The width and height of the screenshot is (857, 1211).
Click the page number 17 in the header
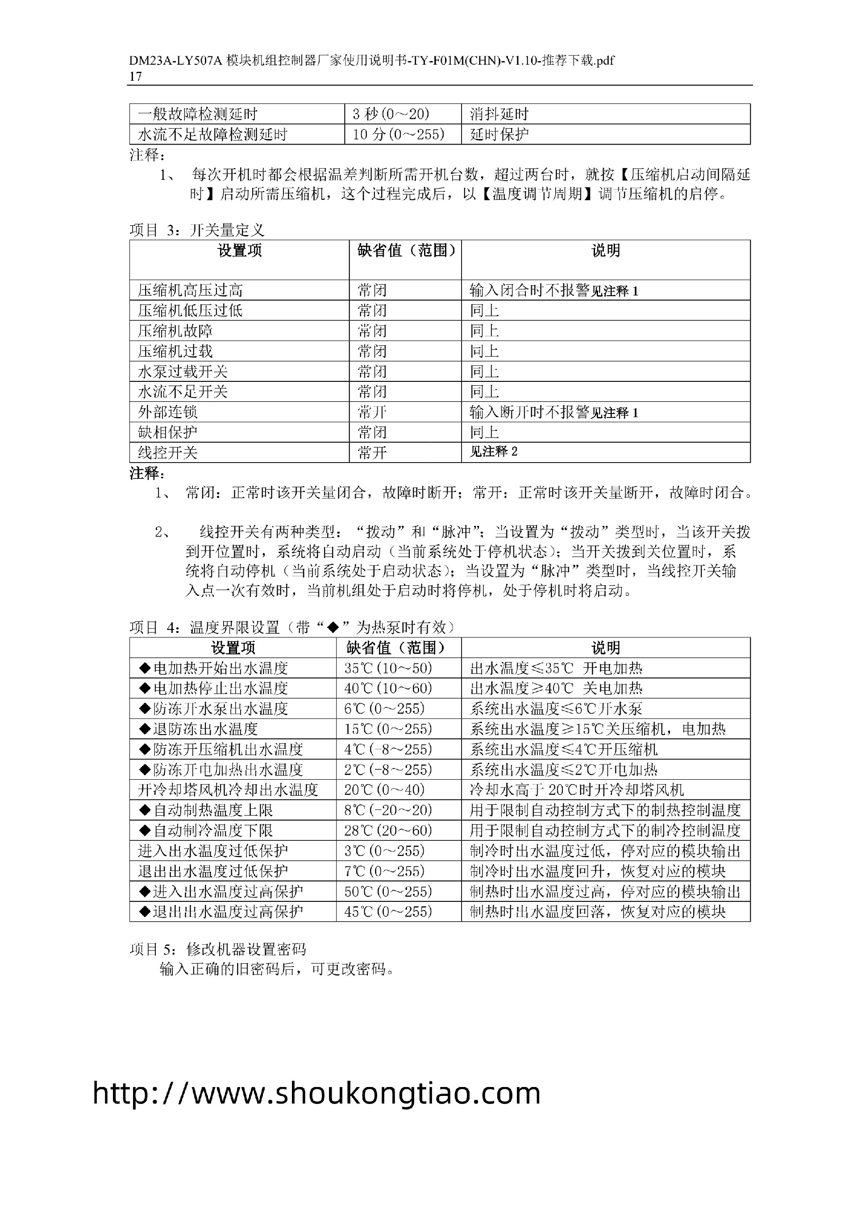pyautogui.click(x=136, y=76)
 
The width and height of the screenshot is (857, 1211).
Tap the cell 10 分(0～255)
pyautogui.click(x=399, y=135)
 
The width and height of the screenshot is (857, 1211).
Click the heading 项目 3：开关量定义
pyautogui.click(x=197, y=230)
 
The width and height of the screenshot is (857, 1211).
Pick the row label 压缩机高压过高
pyautogui.click(x=190, y=290)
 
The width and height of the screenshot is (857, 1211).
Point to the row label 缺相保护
pyautogui.click(x=167, y=433)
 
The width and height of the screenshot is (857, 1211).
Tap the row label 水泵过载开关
pyautogui.click(x=183, y=372)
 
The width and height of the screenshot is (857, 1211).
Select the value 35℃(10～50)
pyautogui.click(x=388, y=668)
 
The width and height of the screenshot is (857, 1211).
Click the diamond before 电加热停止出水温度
pyautogui.click(x=145, y=688)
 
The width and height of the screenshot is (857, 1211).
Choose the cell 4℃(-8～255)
pyautogui.click(x=388, y=749)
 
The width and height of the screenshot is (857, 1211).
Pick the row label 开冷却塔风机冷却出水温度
pyautogui.click(x=228, y=790)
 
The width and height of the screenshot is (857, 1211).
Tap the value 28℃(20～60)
pyautogui.click(x=388, y=831)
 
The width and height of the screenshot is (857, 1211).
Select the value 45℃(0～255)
pyautogui.click(x=388, y=912)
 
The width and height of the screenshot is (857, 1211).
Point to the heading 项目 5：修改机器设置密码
pyautogui.click(x=217, y=949)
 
